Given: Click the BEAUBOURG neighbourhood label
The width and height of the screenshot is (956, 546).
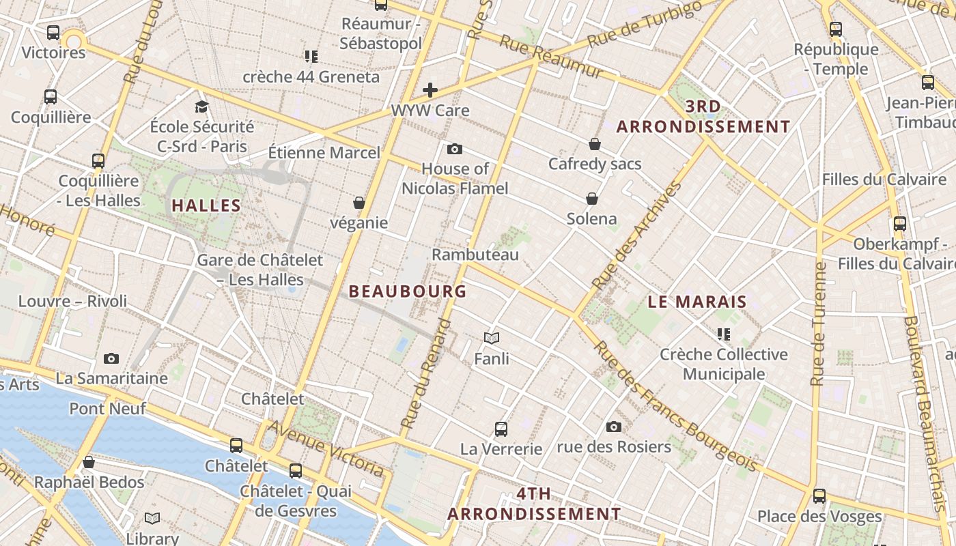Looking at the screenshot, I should [x=408, y=291].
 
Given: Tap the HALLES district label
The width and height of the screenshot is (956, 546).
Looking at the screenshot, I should [x=206, y=205].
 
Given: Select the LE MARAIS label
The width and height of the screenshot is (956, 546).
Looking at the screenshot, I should [x=697, y=302].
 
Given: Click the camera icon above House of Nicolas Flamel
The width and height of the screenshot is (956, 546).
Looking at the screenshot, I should [x=454, y=149].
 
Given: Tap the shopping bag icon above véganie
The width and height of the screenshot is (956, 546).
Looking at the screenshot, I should [x=359, y=203].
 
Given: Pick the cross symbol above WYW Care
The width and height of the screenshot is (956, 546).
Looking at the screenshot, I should [x=430, y=89].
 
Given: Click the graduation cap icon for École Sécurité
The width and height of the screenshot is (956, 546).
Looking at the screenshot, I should [x=201, y=106].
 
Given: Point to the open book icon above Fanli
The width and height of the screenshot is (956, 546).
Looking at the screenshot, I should [x=492, y=337].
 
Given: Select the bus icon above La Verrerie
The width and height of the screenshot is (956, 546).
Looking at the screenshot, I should [x=501, y=429].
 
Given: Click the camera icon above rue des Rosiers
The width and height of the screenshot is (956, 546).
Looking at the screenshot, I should [x=614, y=427].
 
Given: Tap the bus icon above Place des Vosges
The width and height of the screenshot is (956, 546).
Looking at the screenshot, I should [x=819, y=495].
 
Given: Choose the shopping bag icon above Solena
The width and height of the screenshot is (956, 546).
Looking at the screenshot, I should [x=592, y=199].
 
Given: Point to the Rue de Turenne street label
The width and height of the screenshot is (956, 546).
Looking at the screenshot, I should [x=818, y=324].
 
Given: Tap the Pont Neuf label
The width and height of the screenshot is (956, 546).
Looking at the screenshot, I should [x=108, y=409].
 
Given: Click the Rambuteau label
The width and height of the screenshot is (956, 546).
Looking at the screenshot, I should [x=475, y=255].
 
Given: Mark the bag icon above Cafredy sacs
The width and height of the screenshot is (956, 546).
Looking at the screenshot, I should [x=595, y=144].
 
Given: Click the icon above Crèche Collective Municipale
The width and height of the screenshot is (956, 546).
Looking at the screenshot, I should [x=724, y=334].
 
